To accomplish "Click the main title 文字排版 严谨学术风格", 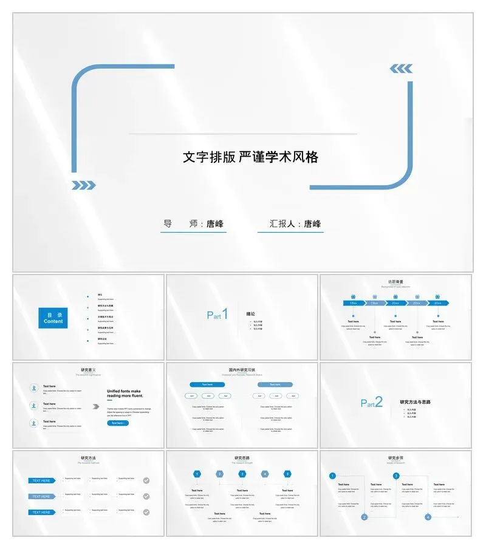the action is coord(250,157).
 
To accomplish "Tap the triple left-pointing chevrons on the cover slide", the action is coord(401,69).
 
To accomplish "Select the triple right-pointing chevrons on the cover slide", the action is coord(84,185).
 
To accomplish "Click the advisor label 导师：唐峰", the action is coord(193,224).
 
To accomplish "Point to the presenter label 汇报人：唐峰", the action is coord(295,224).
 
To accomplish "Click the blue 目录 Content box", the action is coord(53,318).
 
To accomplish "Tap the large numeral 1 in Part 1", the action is coord(225,314).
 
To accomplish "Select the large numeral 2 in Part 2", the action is coord(378,401).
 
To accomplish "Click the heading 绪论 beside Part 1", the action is coord(250,314).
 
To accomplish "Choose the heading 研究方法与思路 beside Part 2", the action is coord(415,402).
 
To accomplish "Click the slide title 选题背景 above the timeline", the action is coord(396,282).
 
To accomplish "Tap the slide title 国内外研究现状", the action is coord(242,370).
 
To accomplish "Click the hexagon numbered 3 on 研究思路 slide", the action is coord(242,474).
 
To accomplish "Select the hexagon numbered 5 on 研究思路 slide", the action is coord(287,474).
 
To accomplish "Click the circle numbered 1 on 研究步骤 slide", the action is coord(332,476).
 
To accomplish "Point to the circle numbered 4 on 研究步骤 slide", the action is coord(428,517).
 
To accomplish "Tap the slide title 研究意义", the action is coord(88,370).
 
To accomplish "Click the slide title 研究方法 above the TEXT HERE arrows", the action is coord(88,458).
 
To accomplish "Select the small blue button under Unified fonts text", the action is coord(118,423).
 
